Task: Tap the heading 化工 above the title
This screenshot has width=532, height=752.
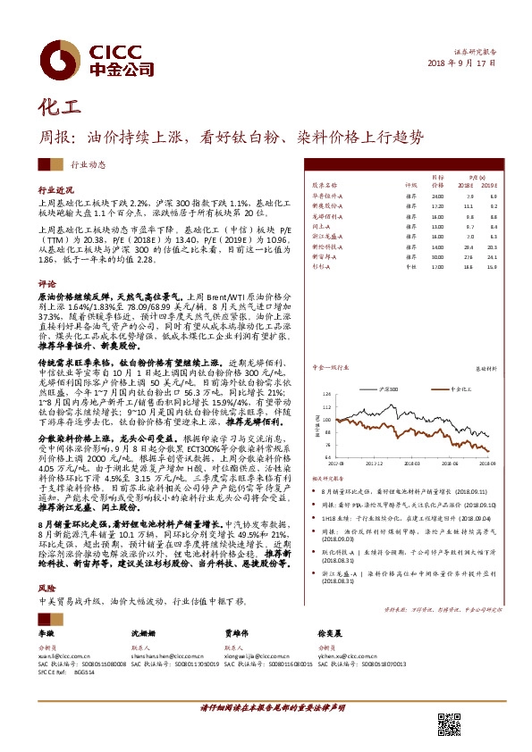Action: pyautogui.click(x=59, y=107)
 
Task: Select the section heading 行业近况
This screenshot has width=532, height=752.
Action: pyautogui.click(x=54, y=191)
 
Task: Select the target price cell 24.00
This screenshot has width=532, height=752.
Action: pyautogui.click(x=437, y=196)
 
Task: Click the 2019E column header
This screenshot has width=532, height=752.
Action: pyautogui.click(x=488, y=185)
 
